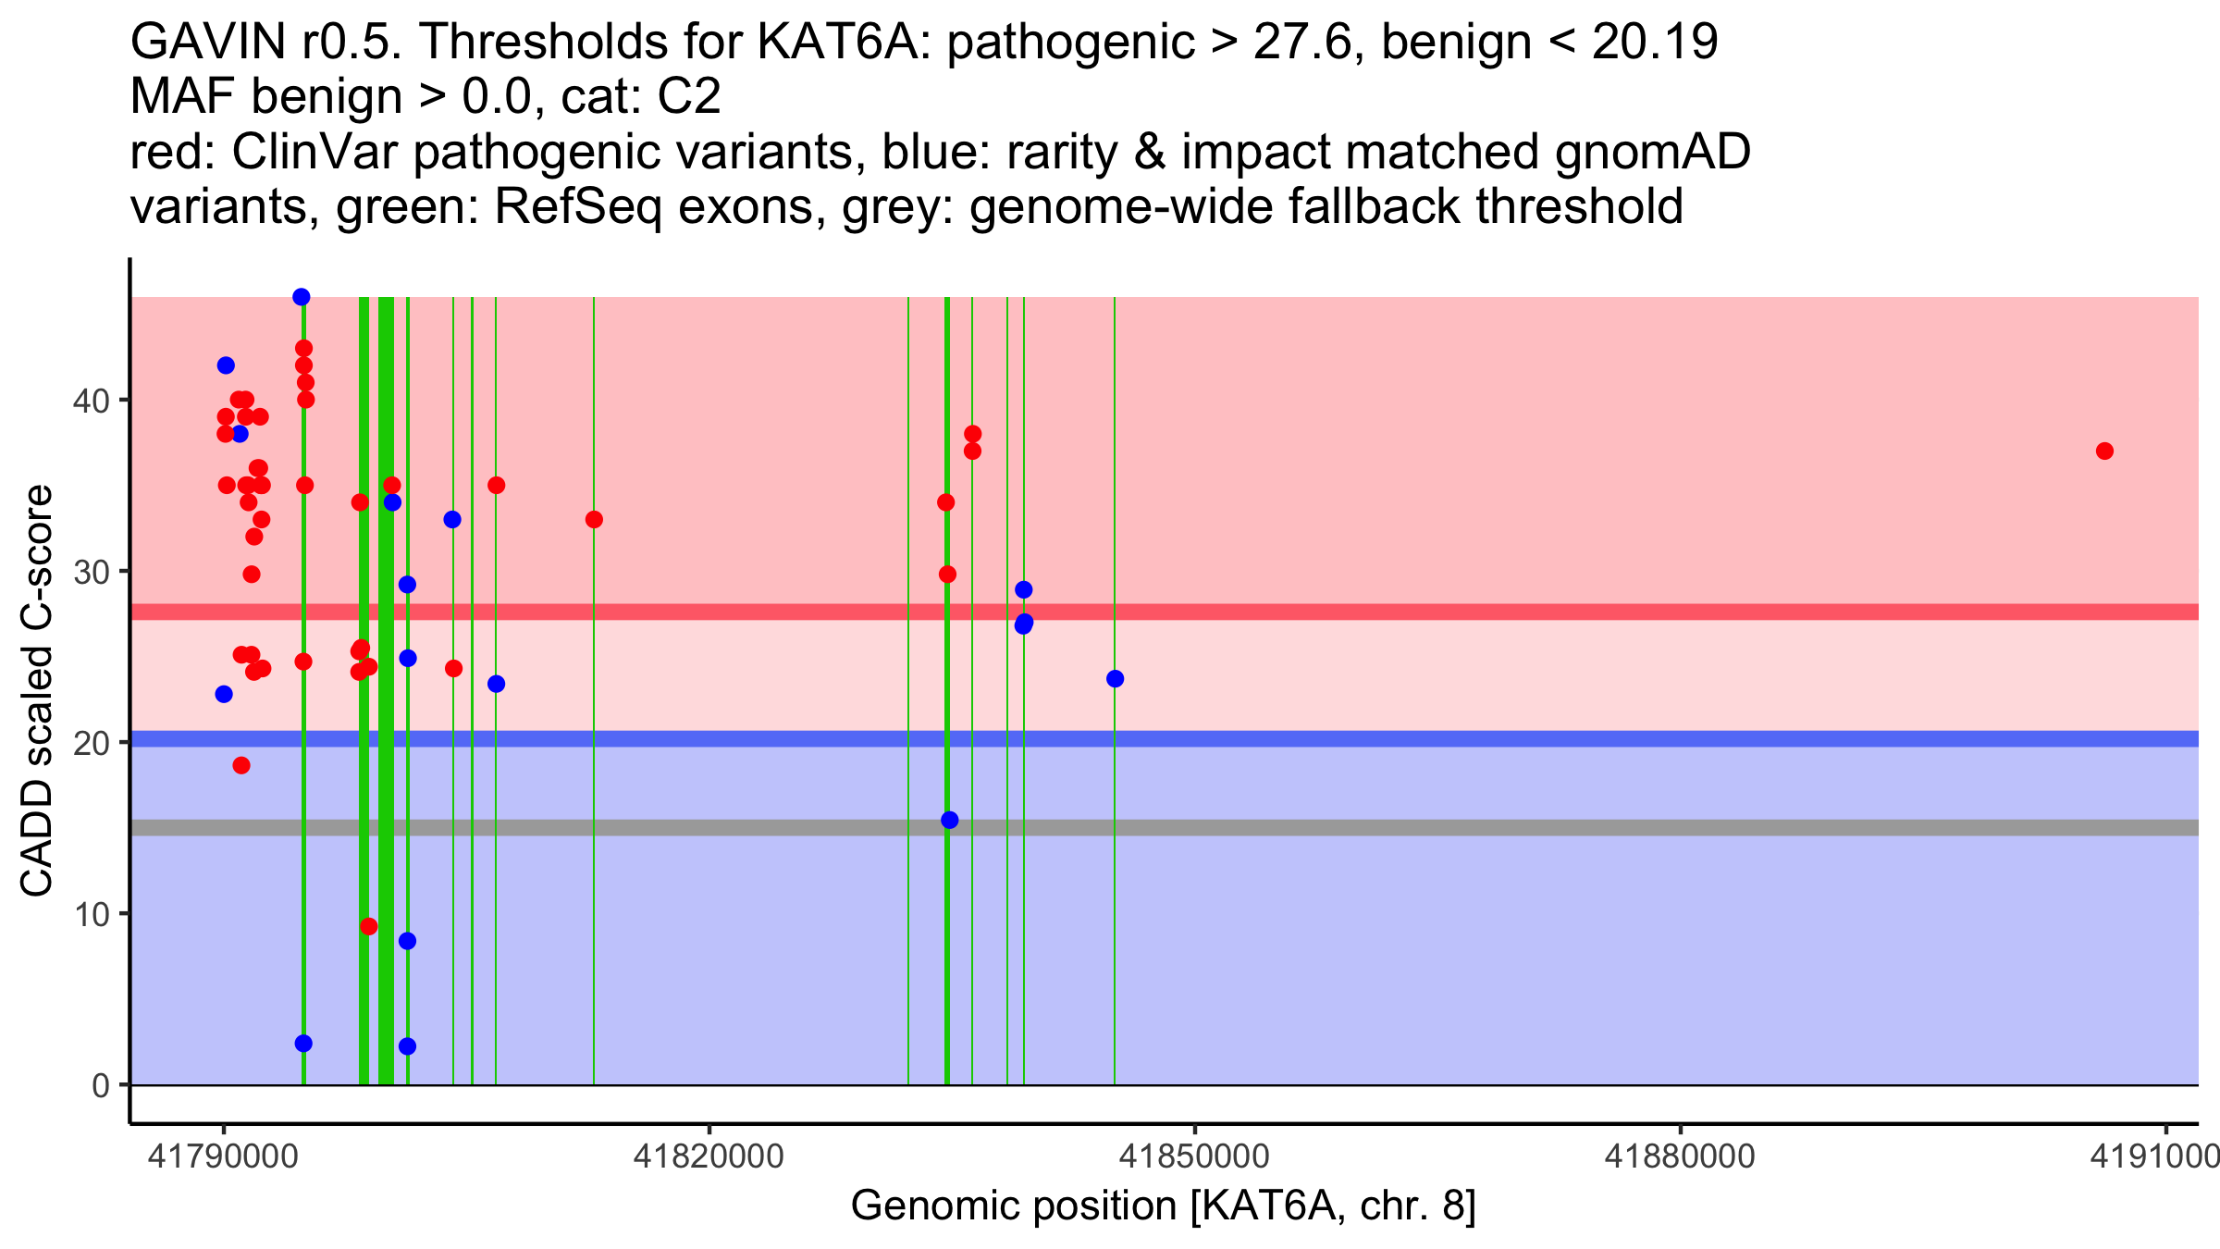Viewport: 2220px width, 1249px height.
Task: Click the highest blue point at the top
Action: [302, 297]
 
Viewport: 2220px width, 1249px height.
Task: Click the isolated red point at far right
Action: [2104, 451]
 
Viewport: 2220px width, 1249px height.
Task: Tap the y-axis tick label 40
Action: [92, 401]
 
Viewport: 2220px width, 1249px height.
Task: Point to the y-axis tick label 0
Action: [101, 1085]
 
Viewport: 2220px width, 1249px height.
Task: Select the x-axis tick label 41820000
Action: [709, 1156]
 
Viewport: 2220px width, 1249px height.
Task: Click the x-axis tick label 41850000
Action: [1194, 1156]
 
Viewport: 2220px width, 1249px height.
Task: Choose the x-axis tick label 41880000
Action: [1680, 1156]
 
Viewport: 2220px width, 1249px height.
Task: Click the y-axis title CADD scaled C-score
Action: [37, 690]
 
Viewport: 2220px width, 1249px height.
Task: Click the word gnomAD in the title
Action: [1653, 152]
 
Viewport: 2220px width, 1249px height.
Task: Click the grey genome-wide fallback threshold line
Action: [1165, 827]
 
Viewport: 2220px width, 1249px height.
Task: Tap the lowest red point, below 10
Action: [369, 926]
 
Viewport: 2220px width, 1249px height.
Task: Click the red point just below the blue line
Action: [241, 765]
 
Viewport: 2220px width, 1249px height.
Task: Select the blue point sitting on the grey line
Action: [949, 821]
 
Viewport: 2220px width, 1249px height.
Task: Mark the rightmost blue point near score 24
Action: [1115, 679]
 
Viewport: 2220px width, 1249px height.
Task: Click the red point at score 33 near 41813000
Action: [594, 520]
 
